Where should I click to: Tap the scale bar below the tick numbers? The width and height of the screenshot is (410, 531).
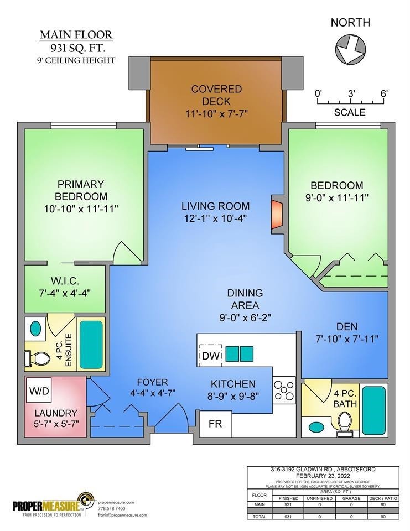pos(350,102)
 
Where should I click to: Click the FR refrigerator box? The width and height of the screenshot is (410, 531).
pos(215,424)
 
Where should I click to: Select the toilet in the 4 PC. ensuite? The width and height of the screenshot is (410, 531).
pos(39,360)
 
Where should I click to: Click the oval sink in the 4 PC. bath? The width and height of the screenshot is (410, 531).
pos(316,428)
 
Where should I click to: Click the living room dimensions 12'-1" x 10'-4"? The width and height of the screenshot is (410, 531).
pos(215,218)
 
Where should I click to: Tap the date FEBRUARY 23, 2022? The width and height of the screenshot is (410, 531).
pos(320,475)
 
